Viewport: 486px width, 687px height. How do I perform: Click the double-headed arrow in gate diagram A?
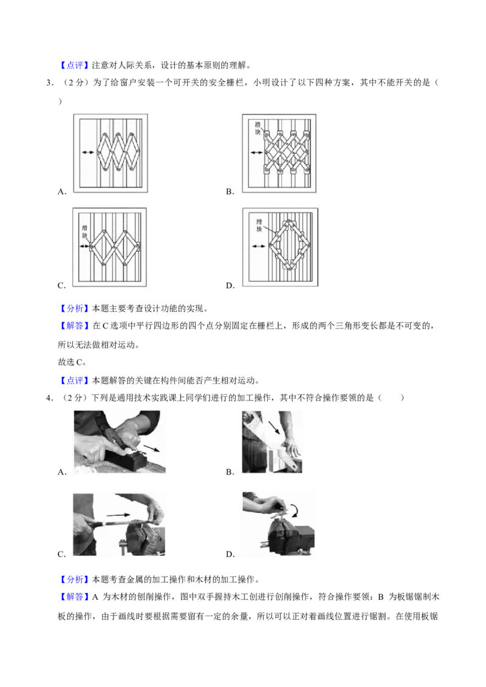(x=87, y=152)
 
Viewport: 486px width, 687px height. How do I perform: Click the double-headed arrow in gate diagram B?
(x=256, y=152)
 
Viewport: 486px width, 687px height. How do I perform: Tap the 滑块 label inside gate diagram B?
(x=258, y=128)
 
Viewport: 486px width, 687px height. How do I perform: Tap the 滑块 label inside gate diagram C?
(x=84, y=231)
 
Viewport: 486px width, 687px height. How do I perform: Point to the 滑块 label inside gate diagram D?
(x=259, y=225)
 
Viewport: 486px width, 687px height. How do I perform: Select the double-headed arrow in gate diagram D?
(x=259, y=246)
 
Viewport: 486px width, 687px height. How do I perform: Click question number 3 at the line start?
(x=50, y=83)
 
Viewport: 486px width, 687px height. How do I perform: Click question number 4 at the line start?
(x=50, y=398)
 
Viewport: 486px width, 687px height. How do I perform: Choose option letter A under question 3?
(x=62, y=191)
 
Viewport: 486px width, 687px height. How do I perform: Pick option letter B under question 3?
(x=230, y=191)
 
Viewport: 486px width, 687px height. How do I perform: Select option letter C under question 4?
(x=62, y=554)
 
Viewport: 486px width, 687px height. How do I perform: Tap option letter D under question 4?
(x=230, y=554)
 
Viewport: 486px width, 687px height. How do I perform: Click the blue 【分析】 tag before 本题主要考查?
(x=75, y=308)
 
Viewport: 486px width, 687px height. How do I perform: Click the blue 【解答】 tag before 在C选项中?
(x=75, y=325)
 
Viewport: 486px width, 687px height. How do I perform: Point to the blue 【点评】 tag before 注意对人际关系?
(x=75, y=66)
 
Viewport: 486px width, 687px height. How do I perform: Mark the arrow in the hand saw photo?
(x=274, y=427)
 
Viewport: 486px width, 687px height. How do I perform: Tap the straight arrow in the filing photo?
(x=118, y=515)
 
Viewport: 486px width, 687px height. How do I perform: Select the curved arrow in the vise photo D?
(x=294, y=510)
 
